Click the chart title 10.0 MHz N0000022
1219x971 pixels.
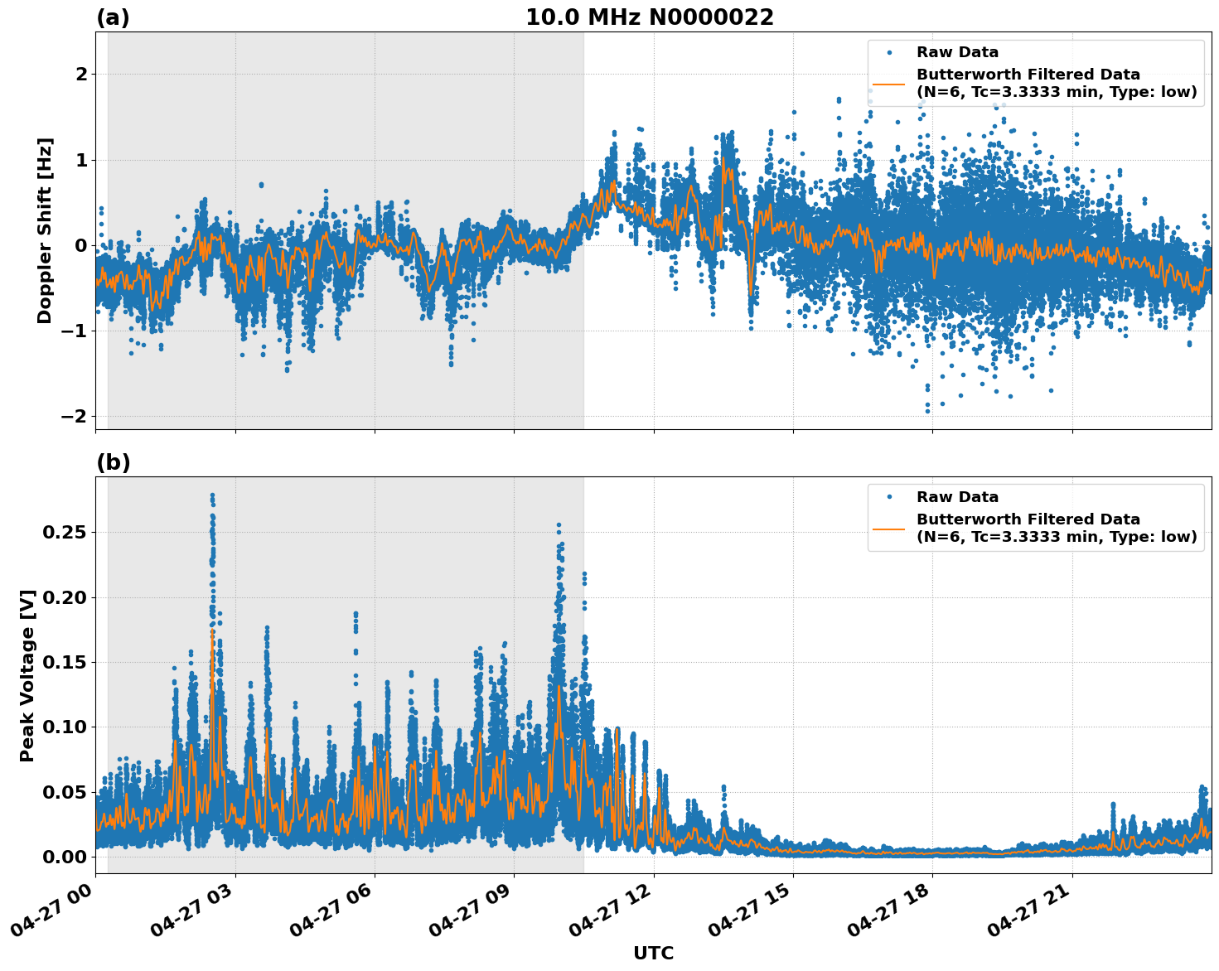(x=649, y=17)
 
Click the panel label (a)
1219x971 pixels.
(x=113, y=17)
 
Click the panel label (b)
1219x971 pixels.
(x=113, y=462)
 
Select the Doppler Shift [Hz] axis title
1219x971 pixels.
(x=45, y=230)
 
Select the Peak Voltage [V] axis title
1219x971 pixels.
(x=27, y=675)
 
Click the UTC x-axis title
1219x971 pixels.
(x=653, y=953)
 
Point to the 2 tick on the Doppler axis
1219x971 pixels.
(x=81, y=75)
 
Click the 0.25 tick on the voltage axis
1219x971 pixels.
(x=64, y=532)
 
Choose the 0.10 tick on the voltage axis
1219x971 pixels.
(x=64, y=727)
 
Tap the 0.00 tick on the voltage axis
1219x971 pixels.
(x=64, y=857)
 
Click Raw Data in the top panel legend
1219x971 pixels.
(x=957, y=52)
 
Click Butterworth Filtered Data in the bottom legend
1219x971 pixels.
(x=1028, y=519)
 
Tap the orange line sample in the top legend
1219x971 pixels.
(x=889, y=84)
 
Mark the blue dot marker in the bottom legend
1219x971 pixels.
(x=889, y=497)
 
